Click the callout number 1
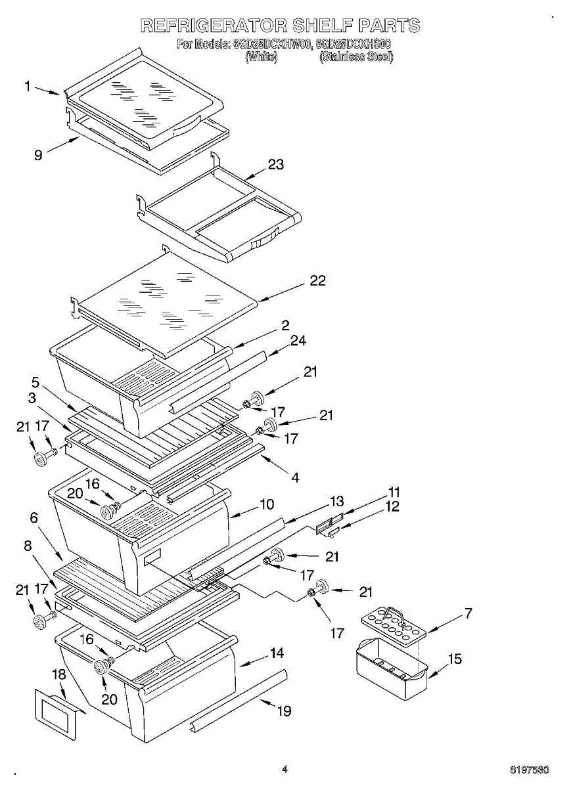[28, 86]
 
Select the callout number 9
[38, 155]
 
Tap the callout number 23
[276, 164]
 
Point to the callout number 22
[317, 280]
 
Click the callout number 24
[298, 340]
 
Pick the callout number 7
[468, 614]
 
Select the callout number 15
[455, 659]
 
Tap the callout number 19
[284, 711]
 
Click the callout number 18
[59, 674]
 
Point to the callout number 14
[277, 653]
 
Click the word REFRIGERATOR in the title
[214, 26]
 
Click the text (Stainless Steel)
[355, 57]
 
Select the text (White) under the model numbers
[261, 57]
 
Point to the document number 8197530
[530, 769]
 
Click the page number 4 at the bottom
[285, 768]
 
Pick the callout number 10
[267, 504]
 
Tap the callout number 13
[336, 502]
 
